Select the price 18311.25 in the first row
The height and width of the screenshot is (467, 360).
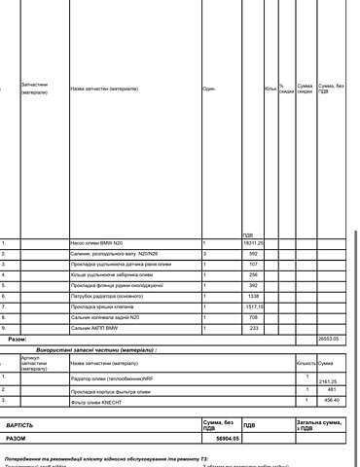click(x=253, y=241)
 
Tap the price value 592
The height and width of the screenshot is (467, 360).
click(x=253, y=252)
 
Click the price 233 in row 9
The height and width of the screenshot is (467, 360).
click(x=253, y=328)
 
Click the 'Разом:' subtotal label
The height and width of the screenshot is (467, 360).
click(x=18, y=340)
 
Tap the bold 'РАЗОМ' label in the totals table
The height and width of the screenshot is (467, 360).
click(x=18, y=439)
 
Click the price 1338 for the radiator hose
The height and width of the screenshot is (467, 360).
click(x=253, y=296)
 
